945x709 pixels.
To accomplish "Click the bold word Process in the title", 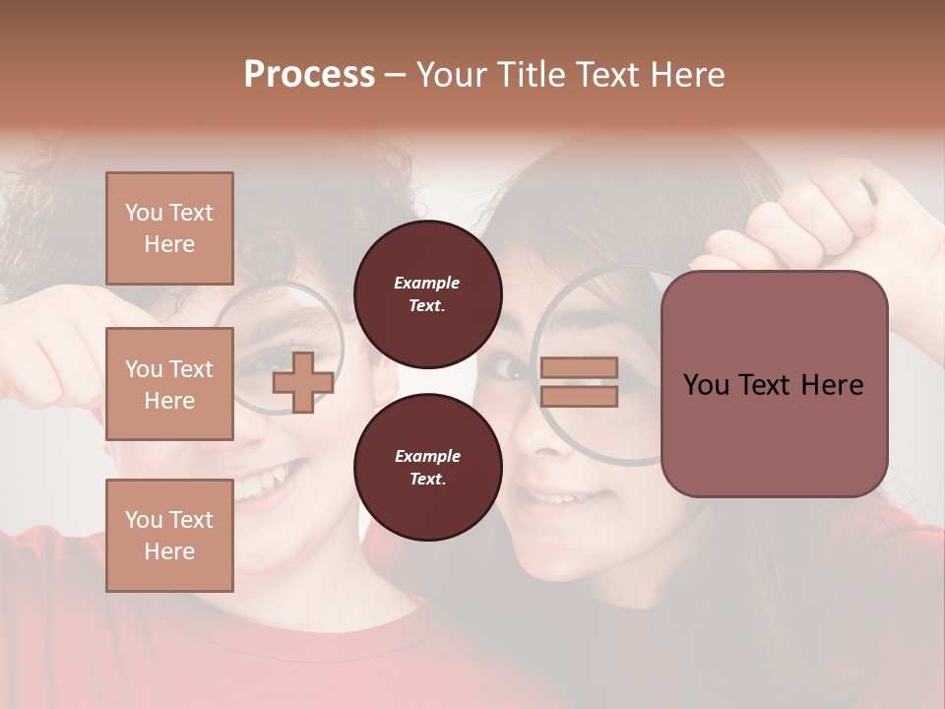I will click(x=309, y=75).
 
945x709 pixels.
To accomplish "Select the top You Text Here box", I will click(x=169, y=228).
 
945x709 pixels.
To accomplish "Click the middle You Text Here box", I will click(x=169, y=384).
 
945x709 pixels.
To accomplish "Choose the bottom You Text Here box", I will click(x=169, y=535).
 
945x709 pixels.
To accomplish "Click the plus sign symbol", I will click(x=302, y=381).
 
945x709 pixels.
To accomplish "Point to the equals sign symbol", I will click(x=579, y=382).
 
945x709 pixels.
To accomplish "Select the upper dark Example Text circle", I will click(x=427, y=293).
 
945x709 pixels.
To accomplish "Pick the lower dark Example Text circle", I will click(x=427, y=467).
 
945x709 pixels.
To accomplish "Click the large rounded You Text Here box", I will click(x=774, y=384).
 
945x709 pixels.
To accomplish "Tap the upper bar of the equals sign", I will click(x=579, y=368).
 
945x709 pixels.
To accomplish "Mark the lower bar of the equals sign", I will click(x=579, y=396).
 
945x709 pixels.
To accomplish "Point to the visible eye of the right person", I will click(x=511, y=368).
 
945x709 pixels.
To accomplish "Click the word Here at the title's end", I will click(x=686, y=75).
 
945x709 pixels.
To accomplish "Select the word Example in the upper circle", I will click(x=427, y=283).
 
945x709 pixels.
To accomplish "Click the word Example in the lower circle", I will click(x=427, y=456).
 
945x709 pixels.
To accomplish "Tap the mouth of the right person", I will click(x=561, y=495).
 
